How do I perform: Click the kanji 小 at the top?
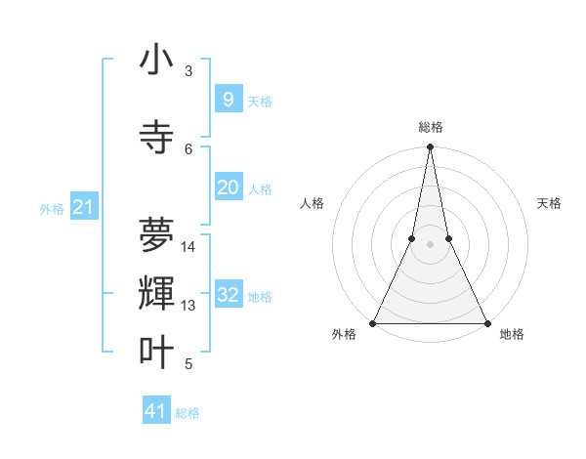pyautogui.click(x=156, y=60)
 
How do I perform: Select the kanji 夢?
pyautogui.click(x=156, y=234)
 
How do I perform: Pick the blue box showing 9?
pyautogui.click(x=228, y=99)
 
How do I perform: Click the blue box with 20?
pyautogui.click(x=228, y=188)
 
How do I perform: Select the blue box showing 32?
pyautogui.click(x=228, y=295)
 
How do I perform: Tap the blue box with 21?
pyautogui.click(x=83, y=207)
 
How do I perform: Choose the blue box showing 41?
pyautogui.click(x=156, y=411)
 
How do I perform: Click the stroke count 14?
pyautogui.click(x=188, y=246)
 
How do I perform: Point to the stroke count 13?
pyautogui.click(x=188, y=306)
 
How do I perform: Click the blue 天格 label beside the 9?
pyautogui.click(x=260, y=101)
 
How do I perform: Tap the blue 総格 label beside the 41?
pyautogui.click(x=188, y=413)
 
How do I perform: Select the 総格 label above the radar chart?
pyautogui.click(x=430, y=127)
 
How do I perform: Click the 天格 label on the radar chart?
pyautogui.click(x=549, y=203)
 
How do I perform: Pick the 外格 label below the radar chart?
pyautogui.click(x=344, y=334)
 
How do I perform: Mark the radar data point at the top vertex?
pyautogui.click(x=430, y=147)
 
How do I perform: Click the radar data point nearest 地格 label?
pyautogui.click(x=486, y=322)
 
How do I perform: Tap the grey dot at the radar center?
pyautogui.click(x=430, y=244)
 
